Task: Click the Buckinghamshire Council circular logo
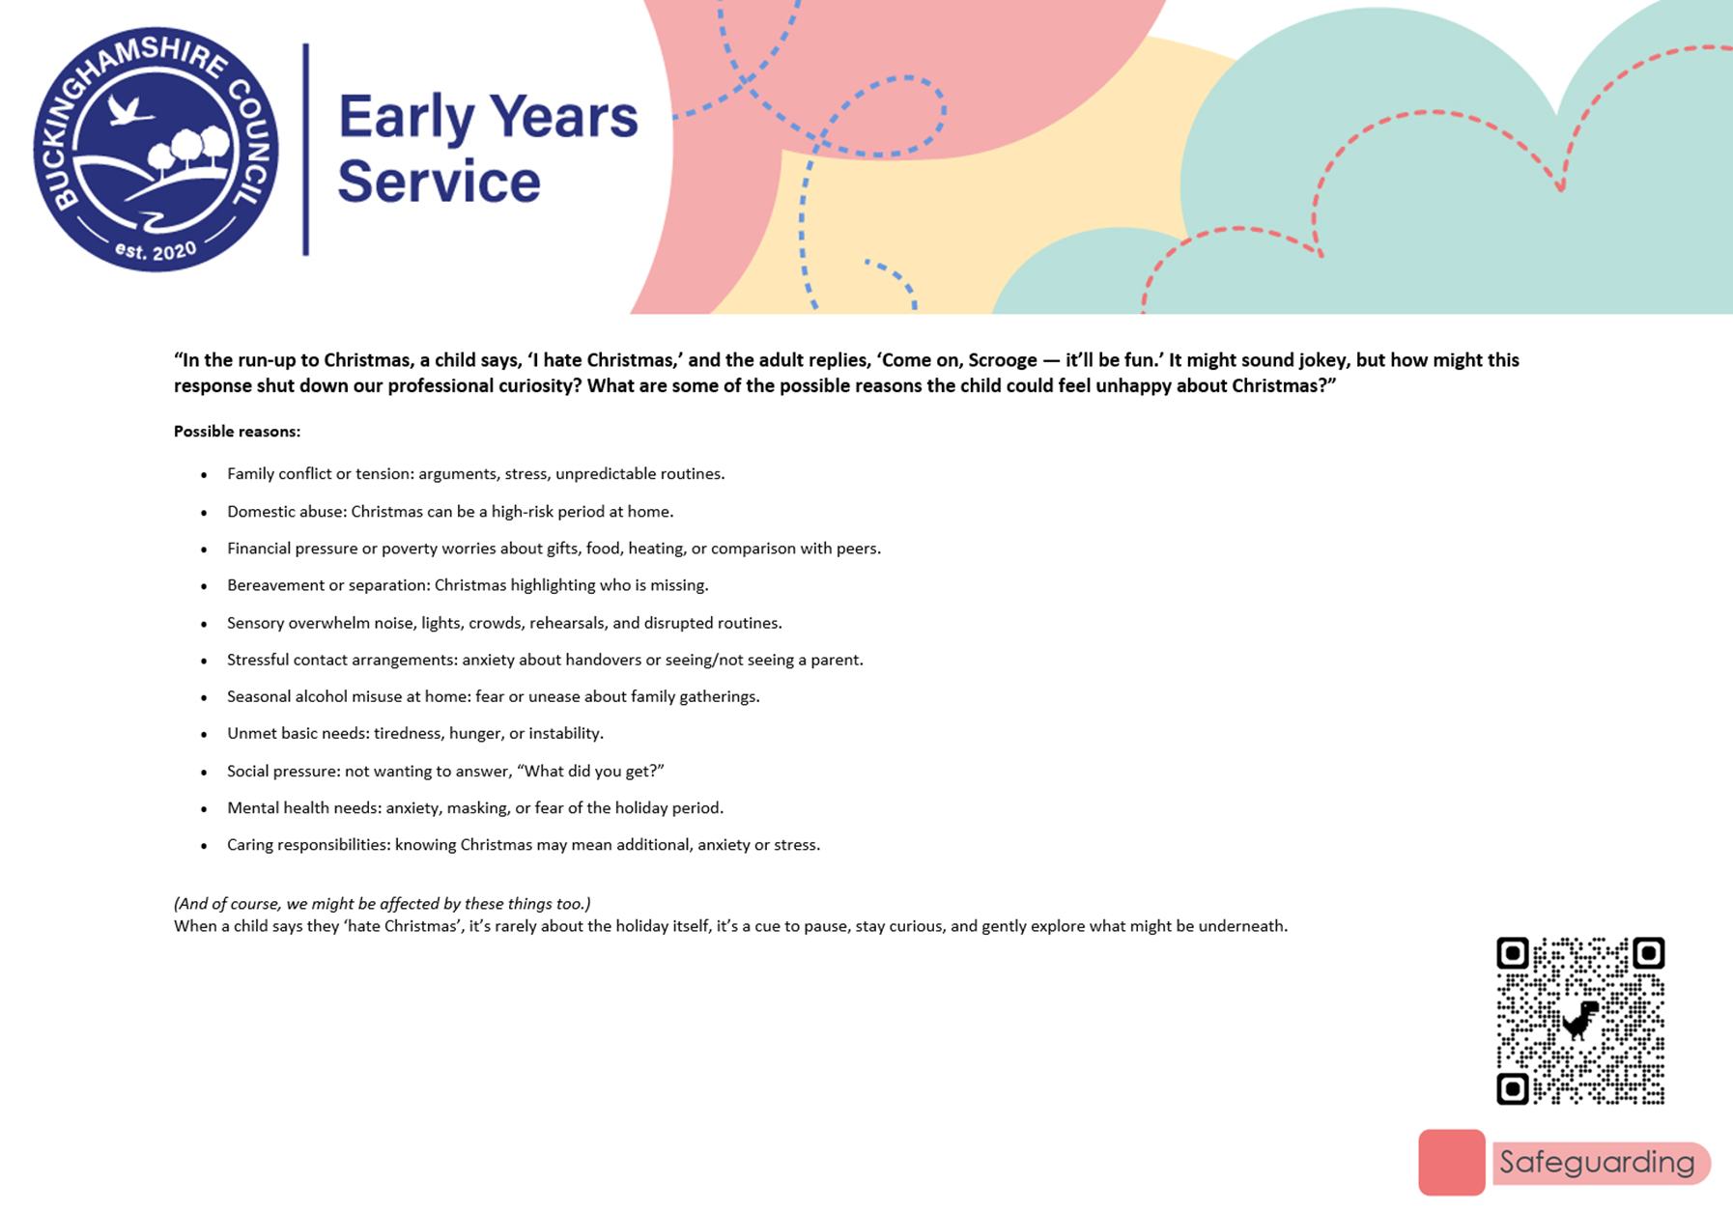156,149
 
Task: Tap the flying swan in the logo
130,110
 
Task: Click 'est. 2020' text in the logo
156,251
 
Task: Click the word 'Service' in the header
439,181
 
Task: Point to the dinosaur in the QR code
1580,1020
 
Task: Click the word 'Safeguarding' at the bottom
1597,1162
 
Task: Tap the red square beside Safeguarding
1452,1163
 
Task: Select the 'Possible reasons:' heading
237,432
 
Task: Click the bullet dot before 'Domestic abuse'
204,513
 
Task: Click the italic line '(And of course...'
383,904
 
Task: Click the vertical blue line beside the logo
306,149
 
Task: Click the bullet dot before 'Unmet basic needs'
204,735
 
